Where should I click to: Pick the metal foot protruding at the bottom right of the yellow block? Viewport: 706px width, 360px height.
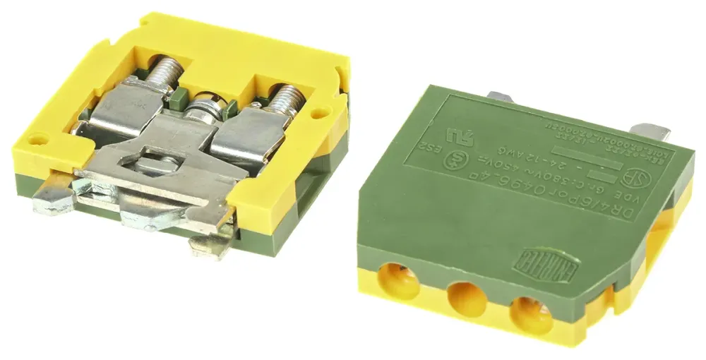tap(210, 244)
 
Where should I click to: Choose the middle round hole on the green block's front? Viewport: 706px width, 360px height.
tap(466, 297)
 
